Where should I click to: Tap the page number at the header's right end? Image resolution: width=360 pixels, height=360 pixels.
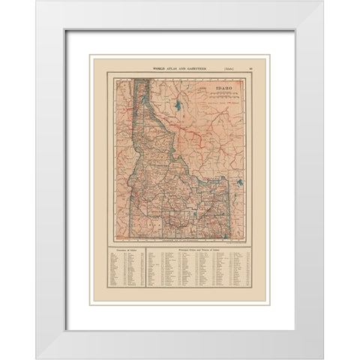pos(251,69)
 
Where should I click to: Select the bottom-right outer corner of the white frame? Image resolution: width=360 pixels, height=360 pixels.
pos(323,358)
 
